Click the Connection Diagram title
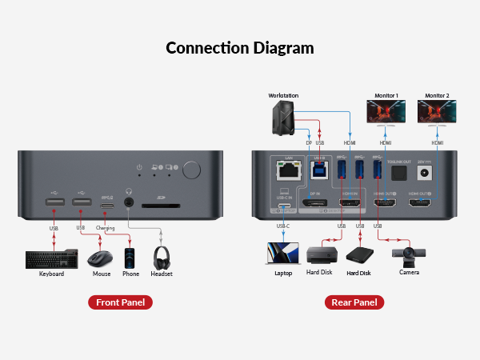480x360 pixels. [x=240, y=47]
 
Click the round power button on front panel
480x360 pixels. [x=192, y=170]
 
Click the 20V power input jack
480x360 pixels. [x=425, y=170]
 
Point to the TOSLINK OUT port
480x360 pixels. [x=397, y=171]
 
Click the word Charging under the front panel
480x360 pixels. [x=106, y=228]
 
